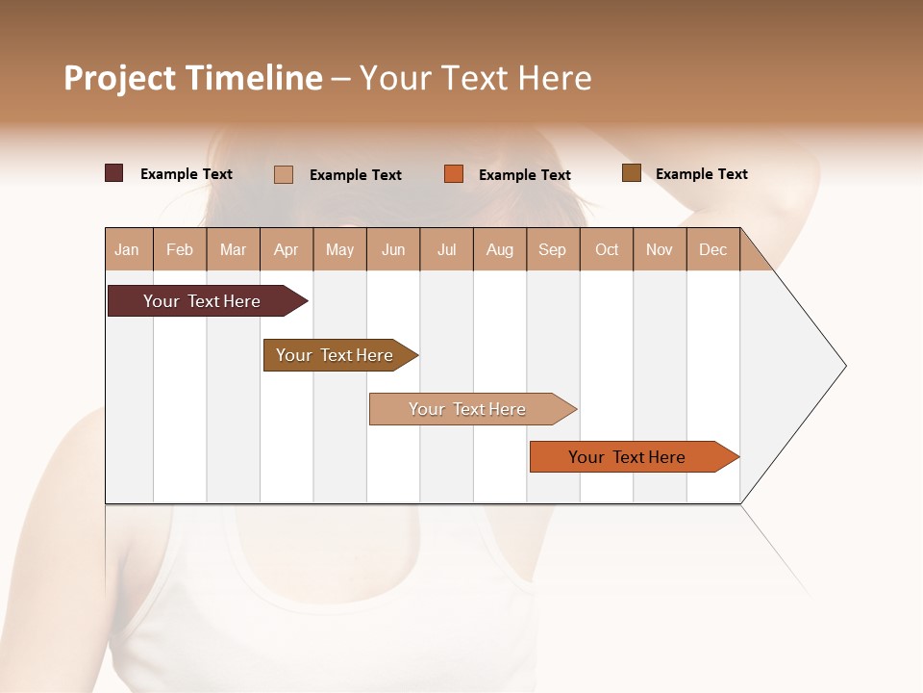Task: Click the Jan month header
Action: (127, 249)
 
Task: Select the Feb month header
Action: (180, 249)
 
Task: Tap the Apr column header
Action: (286, 249)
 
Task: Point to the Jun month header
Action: (393, 249)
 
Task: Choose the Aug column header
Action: (499, 249)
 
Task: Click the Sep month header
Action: (552, 249)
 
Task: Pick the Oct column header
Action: (607, 249)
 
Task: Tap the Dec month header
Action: (712, 249)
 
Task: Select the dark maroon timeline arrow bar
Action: (202, 301)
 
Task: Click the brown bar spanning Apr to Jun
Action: (335, 355)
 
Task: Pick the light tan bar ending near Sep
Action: (467, 409)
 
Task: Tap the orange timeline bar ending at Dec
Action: (627, 457)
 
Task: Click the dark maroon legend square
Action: (113, 173)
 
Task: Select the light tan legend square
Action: (284, 174)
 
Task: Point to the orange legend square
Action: (454, 174)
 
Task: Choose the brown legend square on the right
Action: (631, 173)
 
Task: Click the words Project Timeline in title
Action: (192, 78)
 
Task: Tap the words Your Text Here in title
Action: (476, 78)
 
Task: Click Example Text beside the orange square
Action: (525, 174)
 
